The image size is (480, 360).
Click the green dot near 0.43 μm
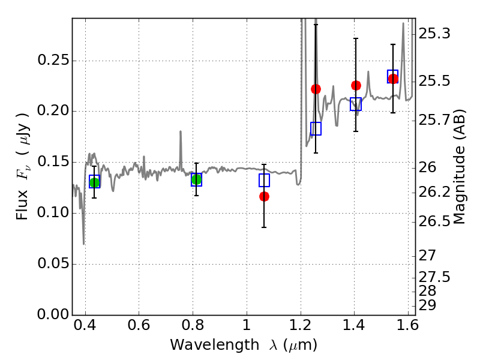pyautogui.click(x=95, y=183)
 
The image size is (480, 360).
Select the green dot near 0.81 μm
pyautogui.click(x=197, y=179)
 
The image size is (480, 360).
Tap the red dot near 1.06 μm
pyautogui.click(x=264, y=197)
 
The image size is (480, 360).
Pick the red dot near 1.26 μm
pyautogui.click(x=316, y=89)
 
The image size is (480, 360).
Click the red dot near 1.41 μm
pyautogui.click(x=356, y=85)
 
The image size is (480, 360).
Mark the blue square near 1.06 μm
pyautogui.click(x=264, y=181)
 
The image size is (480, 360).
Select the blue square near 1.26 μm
pyautogui.click(x=316, y=128)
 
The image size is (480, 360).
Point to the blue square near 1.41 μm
pyautogui.click(x=356, y=104)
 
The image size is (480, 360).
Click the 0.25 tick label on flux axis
pyautogui.click(x=53, y=60)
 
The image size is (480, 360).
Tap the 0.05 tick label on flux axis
pyautogui.click(x=53, y=263)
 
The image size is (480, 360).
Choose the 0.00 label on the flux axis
pyautogui.click(x=53, y=314)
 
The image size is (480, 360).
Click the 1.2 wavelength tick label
pyautogui.click(x=301, y=325)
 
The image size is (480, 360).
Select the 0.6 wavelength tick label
pyautogui.click(x=139, y=325)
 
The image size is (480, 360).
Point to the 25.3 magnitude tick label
pyautogui.click(x=434, y=34)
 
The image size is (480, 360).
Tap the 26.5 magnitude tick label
pyautogui.click(x=434, y=221)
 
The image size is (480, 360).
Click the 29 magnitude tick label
pyautogui.click(x=427, y=305)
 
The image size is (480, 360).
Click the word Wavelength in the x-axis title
pyautogui.click(x=215, y=346)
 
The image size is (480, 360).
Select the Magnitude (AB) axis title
pyautogui.click(x=458, y=167)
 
